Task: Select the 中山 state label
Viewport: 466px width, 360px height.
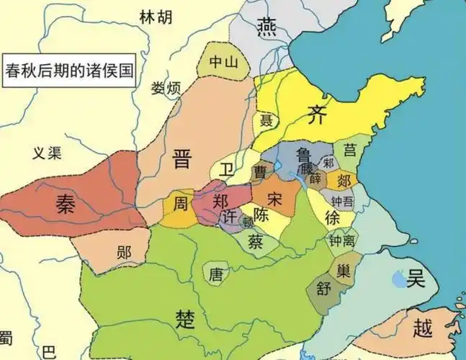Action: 223,62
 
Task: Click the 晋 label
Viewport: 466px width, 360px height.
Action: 182,160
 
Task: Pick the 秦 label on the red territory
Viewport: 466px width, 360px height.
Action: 69,204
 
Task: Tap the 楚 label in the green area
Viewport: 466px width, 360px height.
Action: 187,318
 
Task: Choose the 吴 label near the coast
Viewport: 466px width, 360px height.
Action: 416,277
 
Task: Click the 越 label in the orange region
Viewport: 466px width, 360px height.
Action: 423,329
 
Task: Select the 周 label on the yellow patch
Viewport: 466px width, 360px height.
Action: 181,204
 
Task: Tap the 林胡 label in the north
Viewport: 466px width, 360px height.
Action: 156,17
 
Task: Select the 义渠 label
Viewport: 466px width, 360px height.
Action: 49,153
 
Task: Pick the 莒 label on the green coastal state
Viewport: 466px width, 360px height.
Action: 350,150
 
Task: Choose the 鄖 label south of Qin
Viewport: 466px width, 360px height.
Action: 123,251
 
